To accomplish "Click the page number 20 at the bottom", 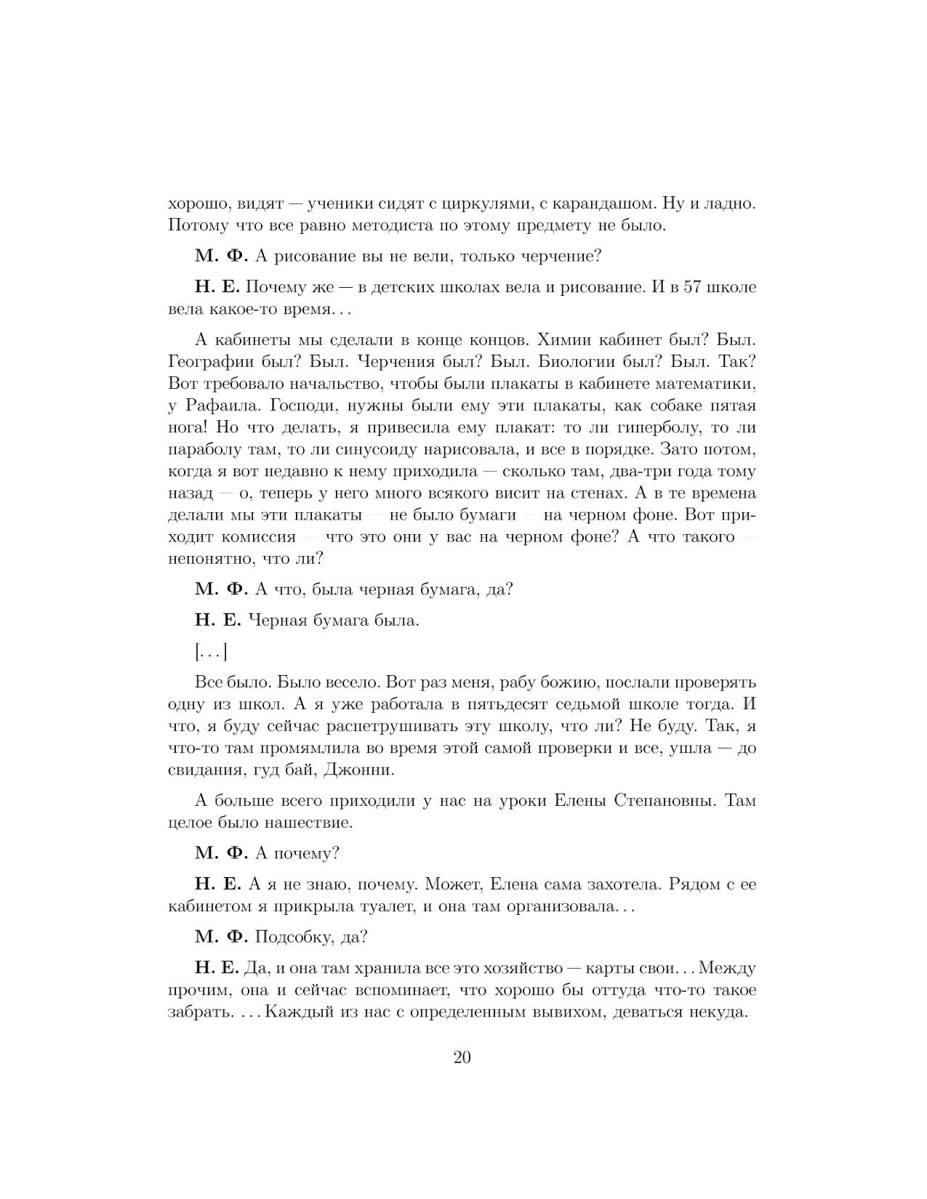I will click(x=462, y=1057).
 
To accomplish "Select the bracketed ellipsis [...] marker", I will click(x=211, y=653).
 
